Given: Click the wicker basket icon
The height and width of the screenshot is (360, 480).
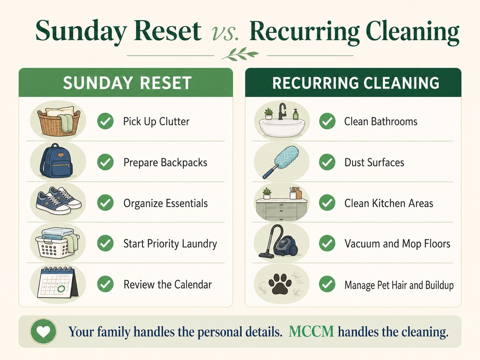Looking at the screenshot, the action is [x=59, y=121].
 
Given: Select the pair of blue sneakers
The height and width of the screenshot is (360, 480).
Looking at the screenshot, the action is [x=59, y=200].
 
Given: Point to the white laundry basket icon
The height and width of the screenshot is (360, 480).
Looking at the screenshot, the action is [x=57, y=243].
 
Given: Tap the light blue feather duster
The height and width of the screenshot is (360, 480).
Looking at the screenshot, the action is [x=281, y=162].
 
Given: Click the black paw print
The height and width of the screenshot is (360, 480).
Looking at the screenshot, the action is [x=282, y=284].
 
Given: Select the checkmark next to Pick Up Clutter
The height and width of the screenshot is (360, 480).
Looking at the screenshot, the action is [x=105, y=121].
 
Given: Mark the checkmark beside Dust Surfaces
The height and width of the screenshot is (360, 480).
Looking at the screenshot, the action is [x=327, y=162].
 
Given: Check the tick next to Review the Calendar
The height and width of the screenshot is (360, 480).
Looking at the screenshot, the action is [x=105, y=284].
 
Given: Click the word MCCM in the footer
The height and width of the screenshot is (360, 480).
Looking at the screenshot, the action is [x=311, y=331].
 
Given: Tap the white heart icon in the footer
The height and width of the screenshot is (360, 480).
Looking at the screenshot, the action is [x=43, y=332].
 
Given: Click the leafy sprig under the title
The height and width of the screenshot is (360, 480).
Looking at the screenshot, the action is [x=240, y=54].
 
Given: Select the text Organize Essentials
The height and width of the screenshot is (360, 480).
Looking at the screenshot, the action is [x=165, y=203].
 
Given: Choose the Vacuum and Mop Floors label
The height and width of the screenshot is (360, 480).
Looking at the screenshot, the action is [x=397, y=244].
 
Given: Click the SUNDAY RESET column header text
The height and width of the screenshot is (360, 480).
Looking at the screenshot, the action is [x=127, y=83].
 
